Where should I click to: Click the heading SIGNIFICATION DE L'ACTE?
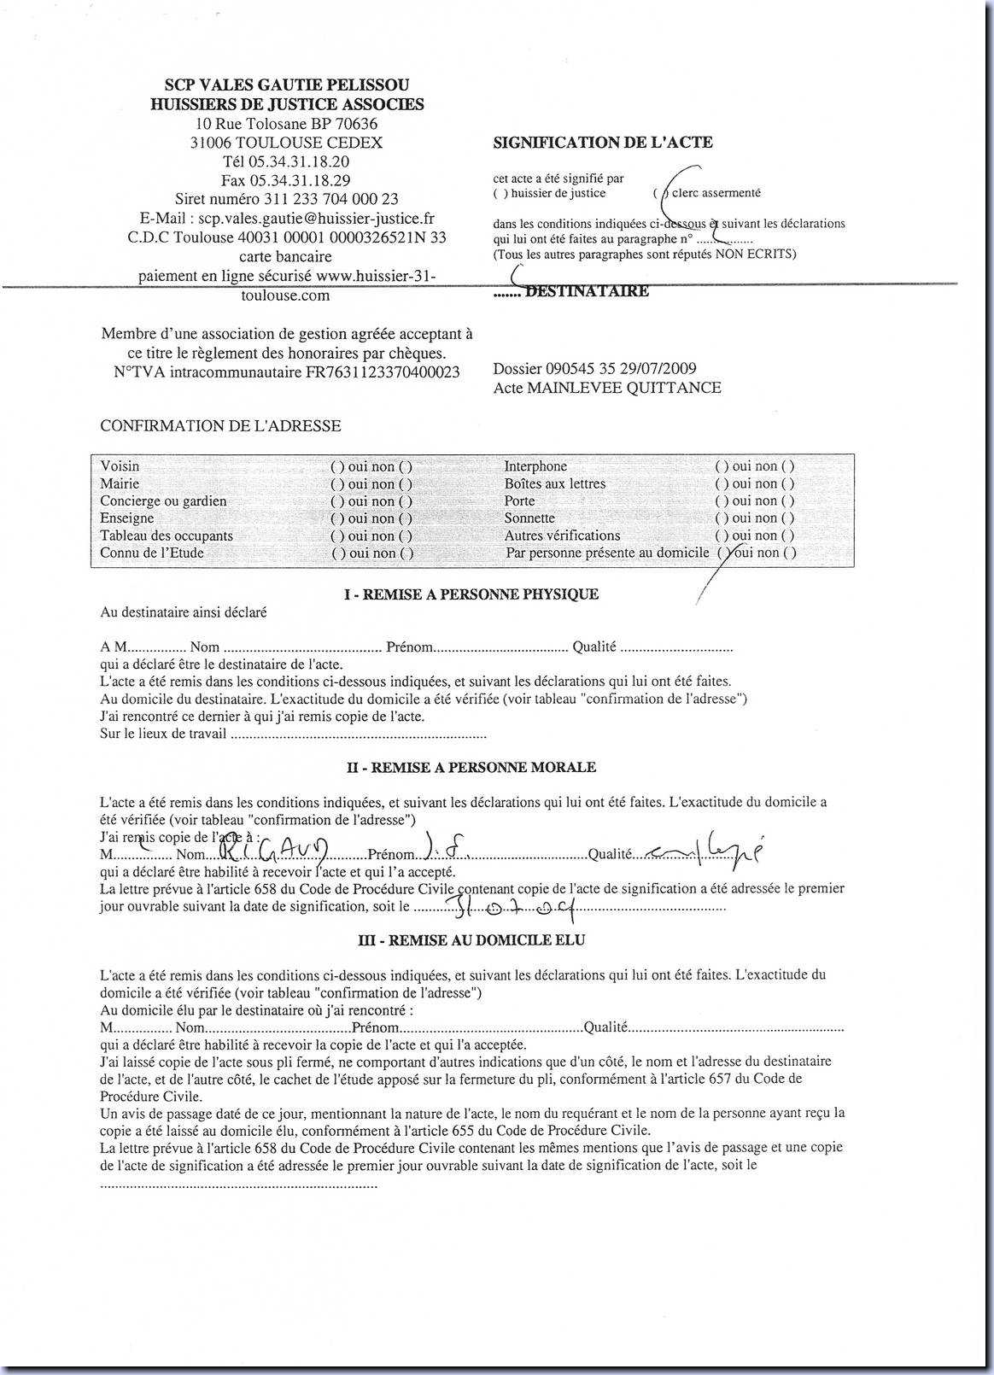(x=602, y=143)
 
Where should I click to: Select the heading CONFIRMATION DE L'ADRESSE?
(x=220, y=425)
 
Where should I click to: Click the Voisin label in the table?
(x=120, y=466)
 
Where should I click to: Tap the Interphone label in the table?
(x=535, y=466)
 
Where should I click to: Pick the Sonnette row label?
(x=529, y=518)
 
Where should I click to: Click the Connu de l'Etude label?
(x=152, y=553)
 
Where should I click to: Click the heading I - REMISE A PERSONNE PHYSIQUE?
(x=471, y=594)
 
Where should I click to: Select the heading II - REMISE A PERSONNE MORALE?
(x=471, y=767)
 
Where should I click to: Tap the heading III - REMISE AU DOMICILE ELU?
(x=471, y=940)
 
